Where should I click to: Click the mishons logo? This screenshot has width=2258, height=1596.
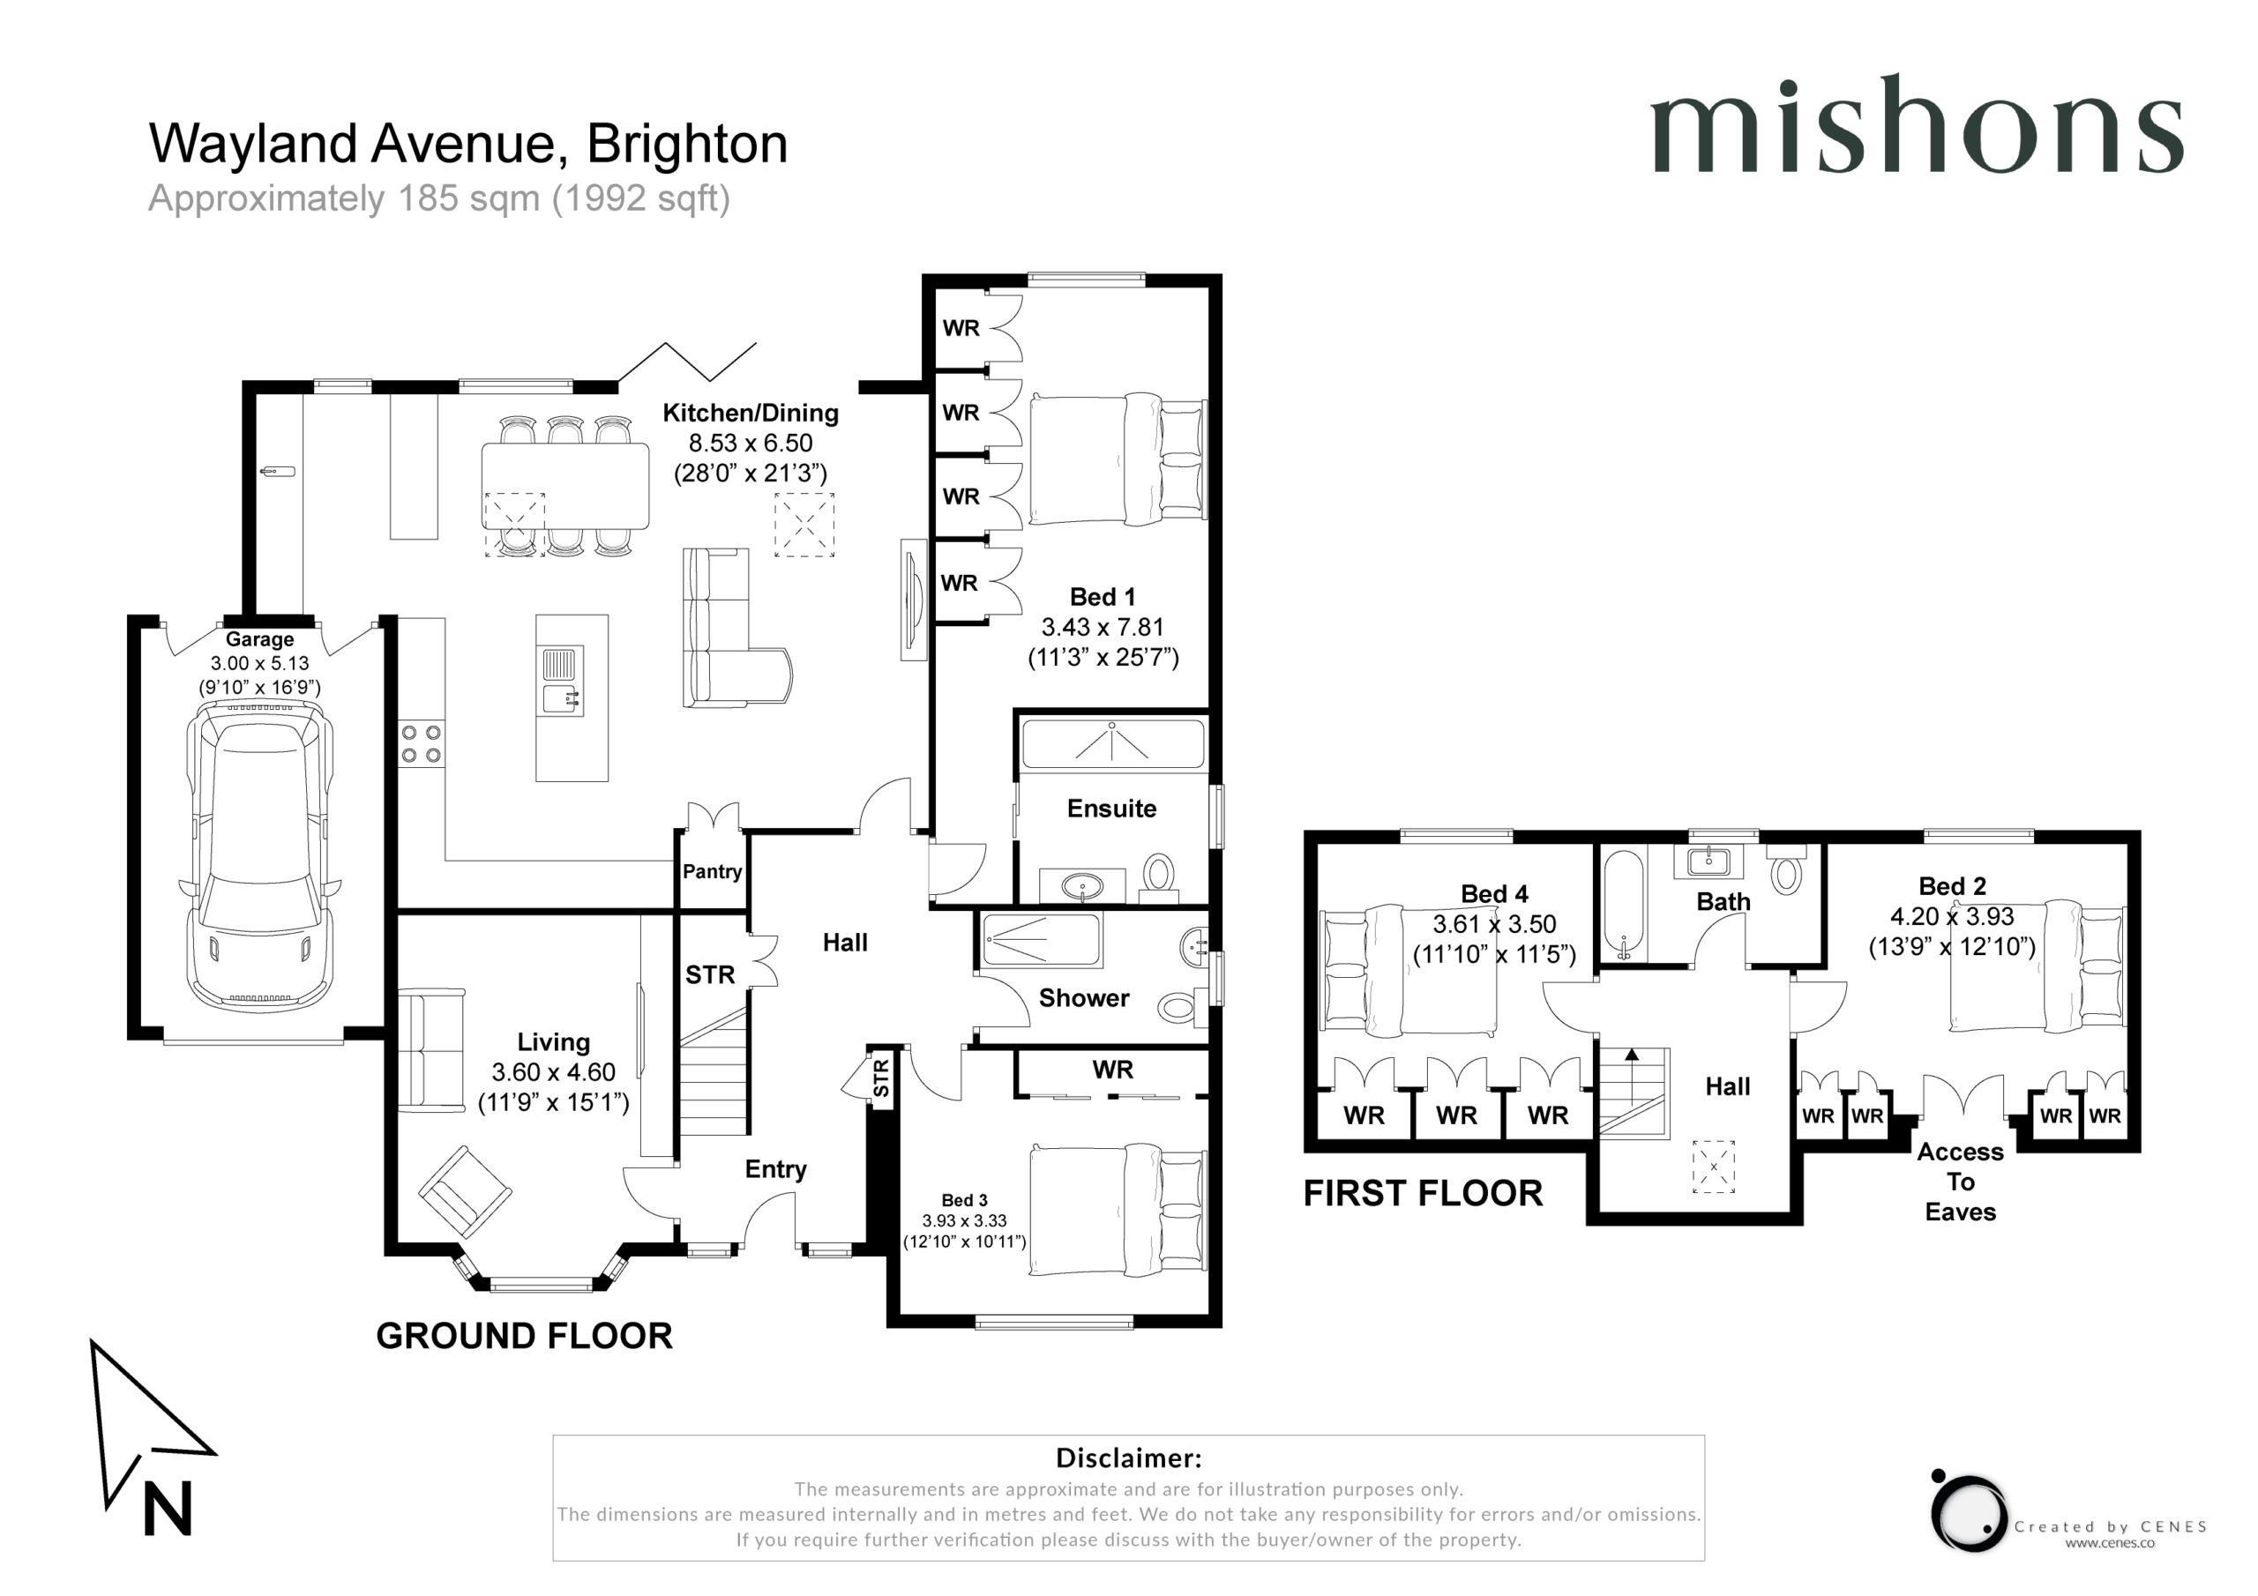tap(1916, 125)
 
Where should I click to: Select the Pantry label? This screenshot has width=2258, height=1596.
tap(712, 871)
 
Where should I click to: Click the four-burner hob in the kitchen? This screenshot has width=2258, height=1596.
tap(421, 744)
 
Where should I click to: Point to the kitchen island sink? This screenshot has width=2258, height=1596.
tap(562, 681)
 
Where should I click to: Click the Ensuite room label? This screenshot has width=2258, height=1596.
tap(1111, 809)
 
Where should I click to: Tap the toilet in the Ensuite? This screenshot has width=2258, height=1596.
tap(1160, 877)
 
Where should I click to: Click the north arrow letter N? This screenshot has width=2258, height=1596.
tap(168, 1509)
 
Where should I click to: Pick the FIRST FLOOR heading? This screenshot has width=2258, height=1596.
tap(1423, 1193)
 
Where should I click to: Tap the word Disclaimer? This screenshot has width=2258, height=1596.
tap(1128, 1458)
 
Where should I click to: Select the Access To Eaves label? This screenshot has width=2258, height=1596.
tap(1960, 1181)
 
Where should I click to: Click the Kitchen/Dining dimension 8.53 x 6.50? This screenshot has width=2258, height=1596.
tap(751, 443)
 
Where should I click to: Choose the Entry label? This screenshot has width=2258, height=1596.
tap(776, 1169)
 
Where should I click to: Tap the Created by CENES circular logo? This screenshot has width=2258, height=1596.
tap(1968, 1512)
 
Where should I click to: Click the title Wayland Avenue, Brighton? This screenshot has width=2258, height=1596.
tap(468, 144)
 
